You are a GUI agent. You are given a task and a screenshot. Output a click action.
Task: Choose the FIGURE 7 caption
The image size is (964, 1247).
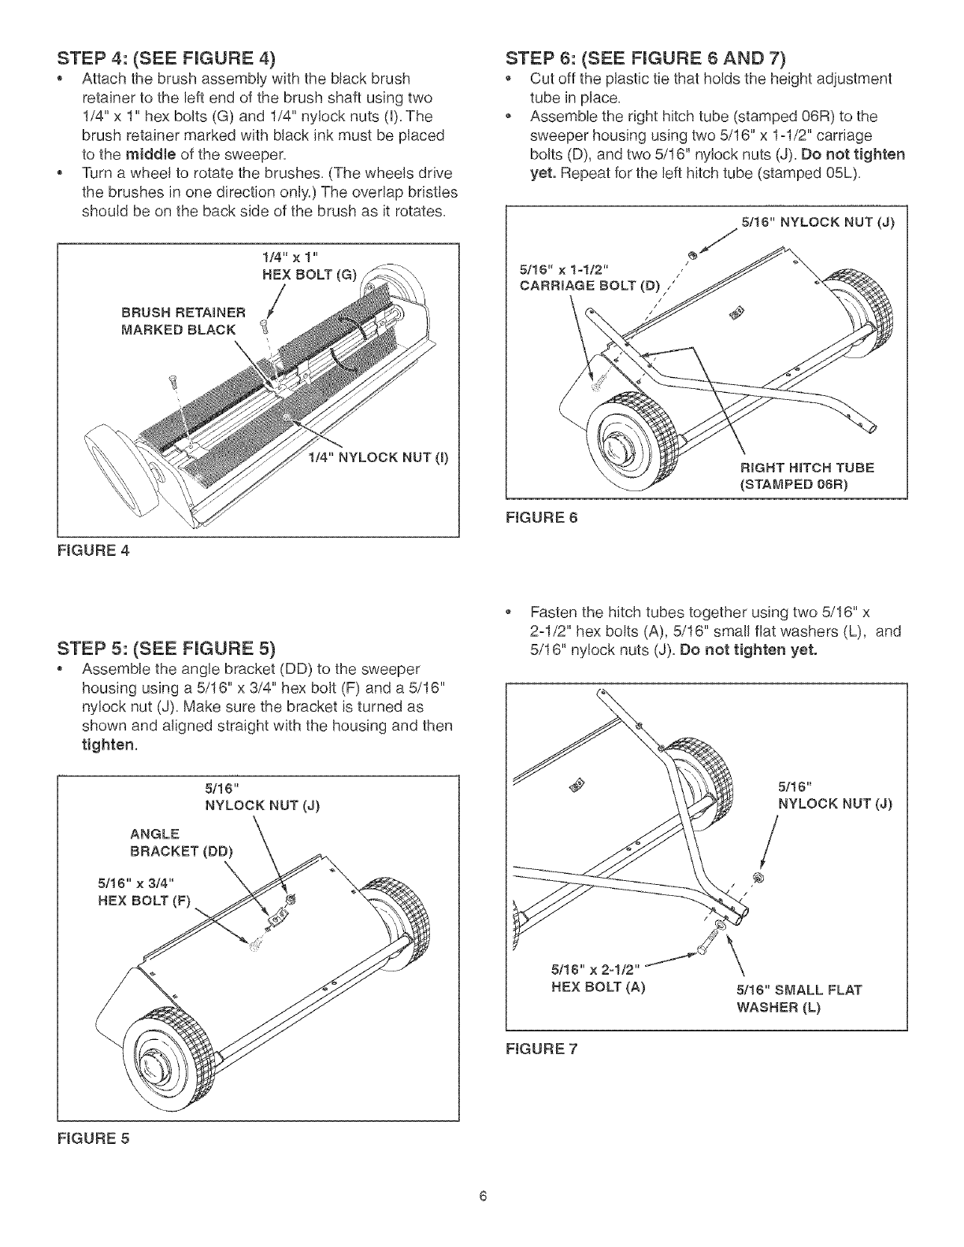click(x=541, y=1048)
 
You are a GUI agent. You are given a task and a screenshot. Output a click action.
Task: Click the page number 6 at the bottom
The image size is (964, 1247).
click(x=483, y=1197)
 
